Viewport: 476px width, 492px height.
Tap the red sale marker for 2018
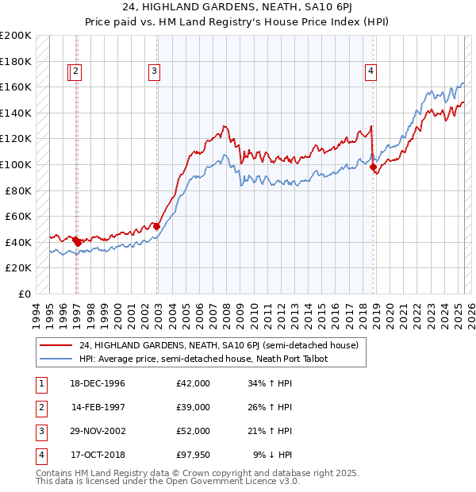(373, 167)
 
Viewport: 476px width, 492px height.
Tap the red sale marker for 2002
(157, 226)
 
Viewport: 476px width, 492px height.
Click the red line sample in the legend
(56, 345)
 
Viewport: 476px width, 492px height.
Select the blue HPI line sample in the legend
(56, 359)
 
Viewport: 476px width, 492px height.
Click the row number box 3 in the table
(40, 431)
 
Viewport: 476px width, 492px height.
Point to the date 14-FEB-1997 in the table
(98, 407)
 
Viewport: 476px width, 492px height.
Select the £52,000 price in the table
(194, 431)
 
